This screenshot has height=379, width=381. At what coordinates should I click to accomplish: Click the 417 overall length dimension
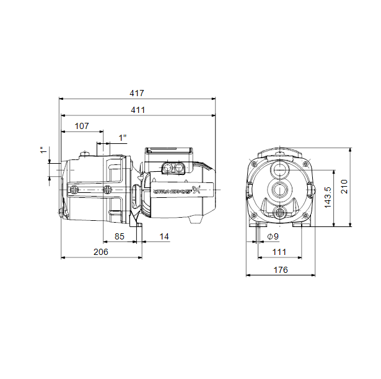tap(137, 93)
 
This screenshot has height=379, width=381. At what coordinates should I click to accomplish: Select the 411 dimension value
tap(138, 110)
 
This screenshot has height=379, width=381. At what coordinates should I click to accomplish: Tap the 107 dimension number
tap(82, 126)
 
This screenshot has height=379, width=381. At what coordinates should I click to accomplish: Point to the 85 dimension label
tap(120, 236)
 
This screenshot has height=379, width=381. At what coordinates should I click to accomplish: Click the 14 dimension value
tap(164, 236)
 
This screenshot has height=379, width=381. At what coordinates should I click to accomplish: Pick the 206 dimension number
tap(101, 252)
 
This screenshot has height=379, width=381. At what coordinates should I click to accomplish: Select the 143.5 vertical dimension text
tap(328, 197)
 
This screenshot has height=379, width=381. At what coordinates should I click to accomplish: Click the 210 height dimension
tap(344, 187)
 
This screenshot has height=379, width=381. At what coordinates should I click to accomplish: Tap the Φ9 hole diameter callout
tap(273, 236)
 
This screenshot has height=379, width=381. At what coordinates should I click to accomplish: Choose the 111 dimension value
tap(279, 252)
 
